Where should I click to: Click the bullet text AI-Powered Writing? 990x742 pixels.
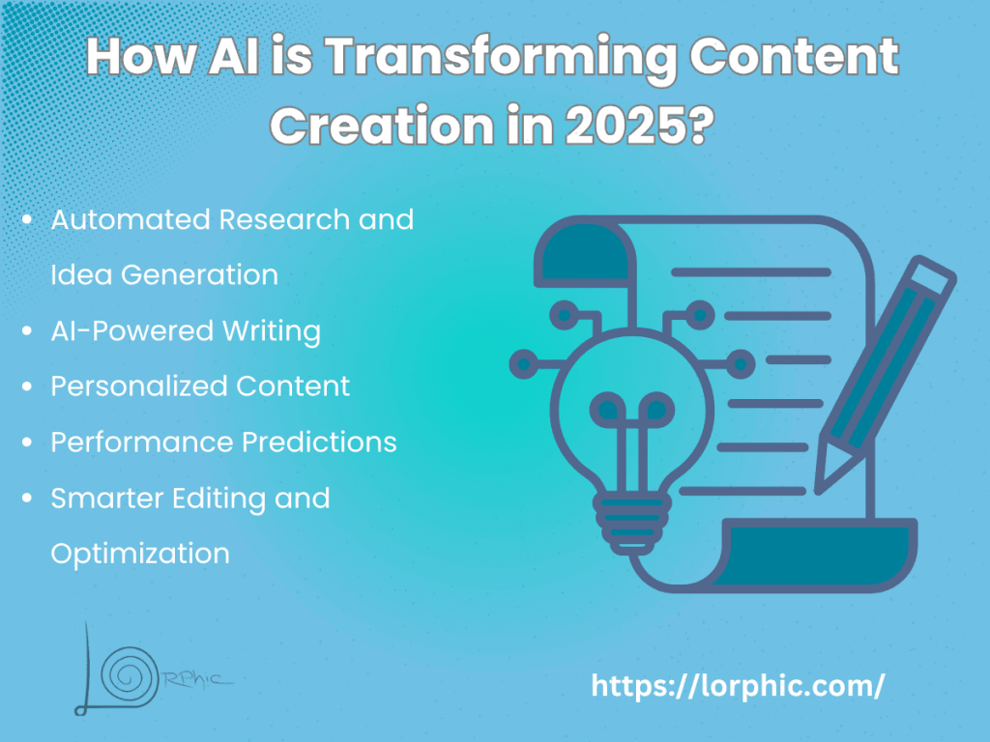[186, 331]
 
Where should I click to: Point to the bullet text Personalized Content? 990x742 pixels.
[200, 386]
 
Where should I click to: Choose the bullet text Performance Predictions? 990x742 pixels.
[223, 442]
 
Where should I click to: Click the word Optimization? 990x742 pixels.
[140, 554]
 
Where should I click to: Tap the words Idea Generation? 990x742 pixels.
[164, 275]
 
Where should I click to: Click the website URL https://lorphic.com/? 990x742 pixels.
[738, 686]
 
